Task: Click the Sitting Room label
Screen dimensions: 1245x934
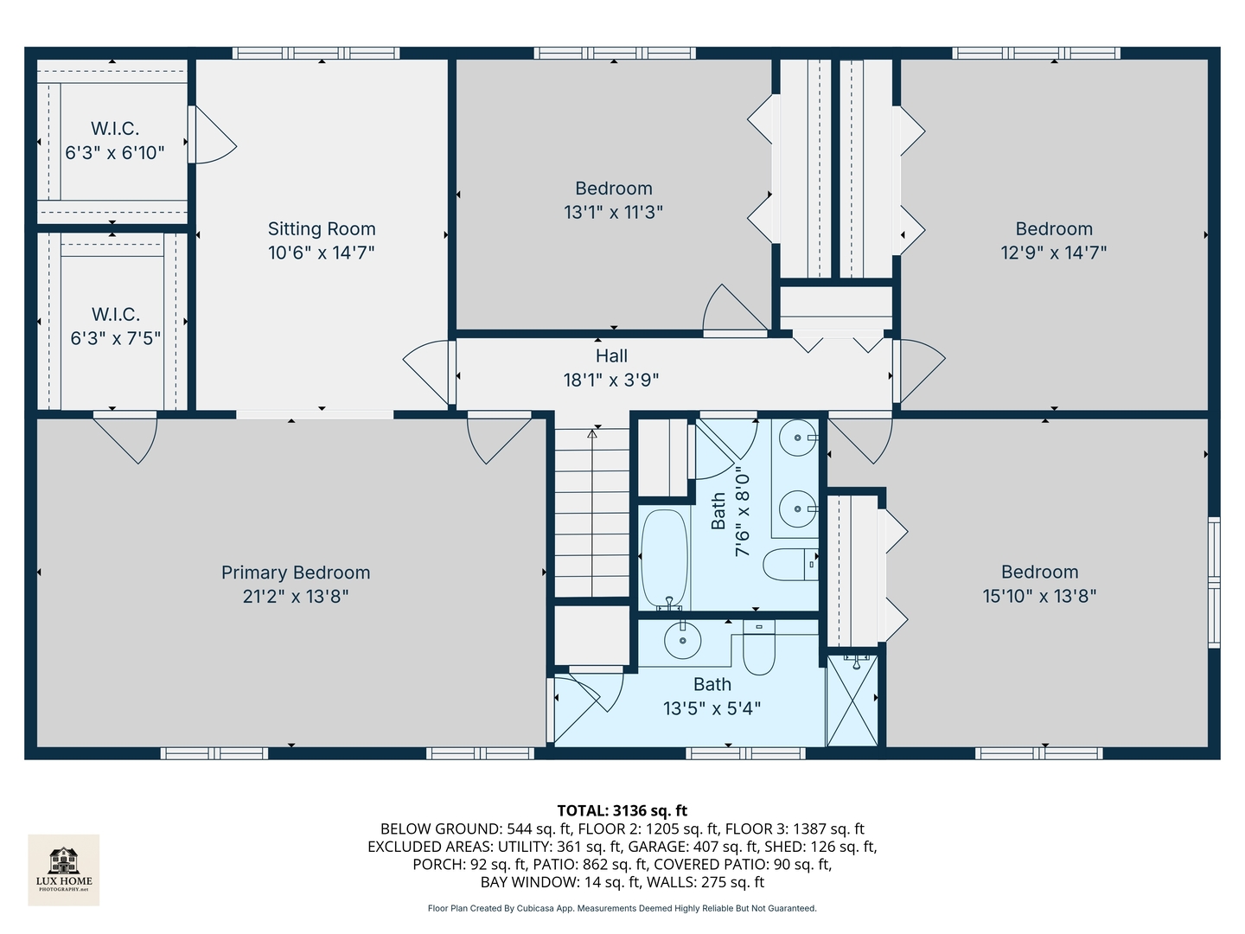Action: (x=322, y=228)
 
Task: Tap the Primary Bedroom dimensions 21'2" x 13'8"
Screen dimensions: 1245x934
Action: (x=296, y=597)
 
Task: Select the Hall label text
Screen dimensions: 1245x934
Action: (x=611, y=356)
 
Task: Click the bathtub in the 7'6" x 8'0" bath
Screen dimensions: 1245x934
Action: (x=664, y=560)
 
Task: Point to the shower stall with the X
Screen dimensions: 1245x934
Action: (x=852, y=700)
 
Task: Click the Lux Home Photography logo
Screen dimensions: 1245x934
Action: (x=63, y=870)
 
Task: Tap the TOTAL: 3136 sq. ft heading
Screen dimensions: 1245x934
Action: (x=622, y=810)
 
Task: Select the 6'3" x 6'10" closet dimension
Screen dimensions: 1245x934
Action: (x=115, y=153)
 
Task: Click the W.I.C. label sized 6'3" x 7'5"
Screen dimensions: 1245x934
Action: (x=116, y=314)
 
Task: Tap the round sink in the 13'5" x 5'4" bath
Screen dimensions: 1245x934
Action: (x=682, y=640)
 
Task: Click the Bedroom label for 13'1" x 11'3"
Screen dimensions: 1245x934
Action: (x=614, y=189)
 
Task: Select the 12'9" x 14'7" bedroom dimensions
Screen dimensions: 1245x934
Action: (x=1054, y=253)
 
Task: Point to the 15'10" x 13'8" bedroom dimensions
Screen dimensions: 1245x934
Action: (x=1040, y=597)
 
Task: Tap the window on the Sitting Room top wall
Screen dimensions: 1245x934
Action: (x=316, y=54)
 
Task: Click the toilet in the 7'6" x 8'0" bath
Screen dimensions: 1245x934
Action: (x=790, y=564)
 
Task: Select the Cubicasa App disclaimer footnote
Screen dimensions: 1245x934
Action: (x=622, y=908)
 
